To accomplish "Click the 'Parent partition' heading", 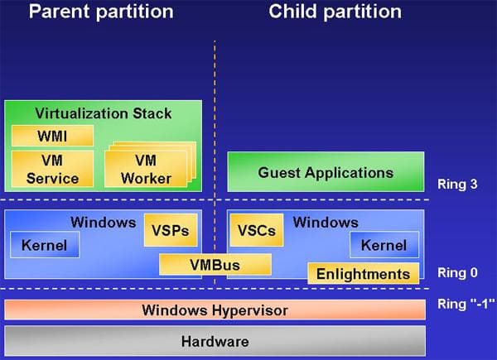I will tap(101, 12).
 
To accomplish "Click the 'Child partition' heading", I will tap(335, 12).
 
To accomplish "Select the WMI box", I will tap(51, 136).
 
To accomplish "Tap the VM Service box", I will tap(52, 169).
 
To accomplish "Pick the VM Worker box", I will tap(145, 170).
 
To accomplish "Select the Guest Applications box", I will tap(326, 173).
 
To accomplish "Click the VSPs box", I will tap(171, 231).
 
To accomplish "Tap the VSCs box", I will tap(256, 231).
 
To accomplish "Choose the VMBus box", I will tap(215, 265).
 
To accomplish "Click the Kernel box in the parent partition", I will tap(44, 245).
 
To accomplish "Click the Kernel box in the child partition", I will tap(384, 245).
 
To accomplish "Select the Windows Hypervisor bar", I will tap(215, 310).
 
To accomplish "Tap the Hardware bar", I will tap(215, 340).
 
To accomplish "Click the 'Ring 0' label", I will tap(457, 272).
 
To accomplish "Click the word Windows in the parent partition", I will tap(104, 222).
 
